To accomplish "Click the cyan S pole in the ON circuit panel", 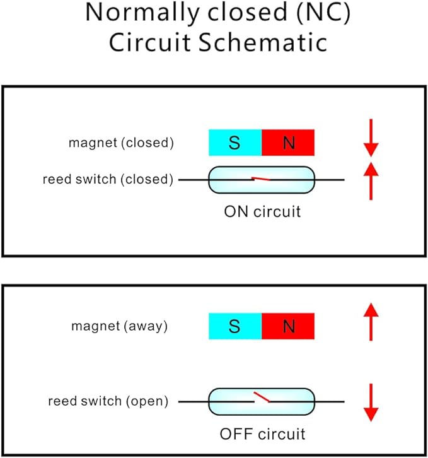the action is [x=235, y=143].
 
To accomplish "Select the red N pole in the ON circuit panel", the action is [x=288, y=143].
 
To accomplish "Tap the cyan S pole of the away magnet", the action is [x=235, y=326].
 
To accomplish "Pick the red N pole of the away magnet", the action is [x=288, y=326].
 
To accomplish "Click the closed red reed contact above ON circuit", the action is [x=261, y=179].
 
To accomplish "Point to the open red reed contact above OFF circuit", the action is [x=262, y=397].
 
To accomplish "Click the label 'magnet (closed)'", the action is [x=121, y=143].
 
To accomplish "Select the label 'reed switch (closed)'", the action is [x=108, y=179].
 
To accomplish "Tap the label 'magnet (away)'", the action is [x=119, y=326].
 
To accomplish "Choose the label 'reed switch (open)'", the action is [x=108, y=401].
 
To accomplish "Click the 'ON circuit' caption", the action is [x=262, y=211].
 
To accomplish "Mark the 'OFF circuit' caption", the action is [x=262, y=434].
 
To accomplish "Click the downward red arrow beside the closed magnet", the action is [x=371, y=138].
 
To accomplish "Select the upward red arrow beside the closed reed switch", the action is [x=371, y=181].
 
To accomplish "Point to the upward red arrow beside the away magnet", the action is [x=371, y=322].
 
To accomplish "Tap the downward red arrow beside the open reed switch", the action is [x=371, y=402].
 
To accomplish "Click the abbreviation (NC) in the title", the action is [x=323, y=13].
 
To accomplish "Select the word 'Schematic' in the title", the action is [x=263, y=42].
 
